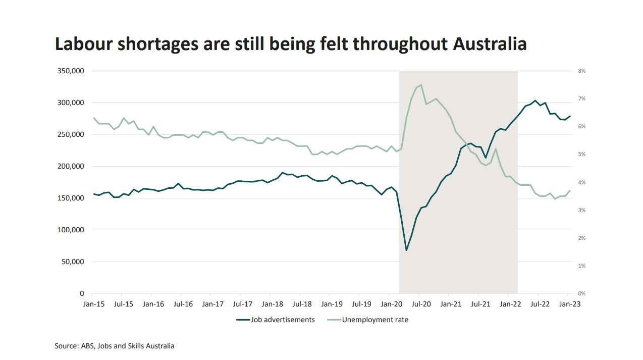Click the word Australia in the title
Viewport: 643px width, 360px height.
coord(490,44)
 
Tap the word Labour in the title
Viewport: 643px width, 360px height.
coord(83,44)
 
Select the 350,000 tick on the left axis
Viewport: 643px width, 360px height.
coord(70,71)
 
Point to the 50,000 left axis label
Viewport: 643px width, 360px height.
coord(72,262)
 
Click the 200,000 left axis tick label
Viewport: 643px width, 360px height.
coord(70,166)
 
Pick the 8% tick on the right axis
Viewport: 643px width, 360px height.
coord(581,71)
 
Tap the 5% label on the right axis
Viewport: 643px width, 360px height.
coord(581,155)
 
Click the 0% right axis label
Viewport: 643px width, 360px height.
coord(581,293)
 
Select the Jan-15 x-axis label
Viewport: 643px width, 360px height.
coord(93,304)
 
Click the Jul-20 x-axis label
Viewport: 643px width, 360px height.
coord(421,304)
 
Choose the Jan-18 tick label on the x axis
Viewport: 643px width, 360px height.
coord(272,304)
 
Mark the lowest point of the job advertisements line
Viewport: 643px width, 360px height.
coord(406,250)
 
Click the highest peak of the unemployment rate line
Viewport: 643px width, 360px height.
coord(421,85)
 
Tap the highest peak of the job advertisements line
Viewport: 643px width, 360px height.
coord(535,100)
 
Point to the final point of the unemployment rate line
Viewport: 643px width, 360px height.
coord(570,191)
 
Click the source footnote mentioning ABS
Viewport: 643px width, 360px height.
coord(115,346)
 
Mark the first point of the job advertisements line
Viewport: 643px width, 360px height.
coord(92,194)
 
